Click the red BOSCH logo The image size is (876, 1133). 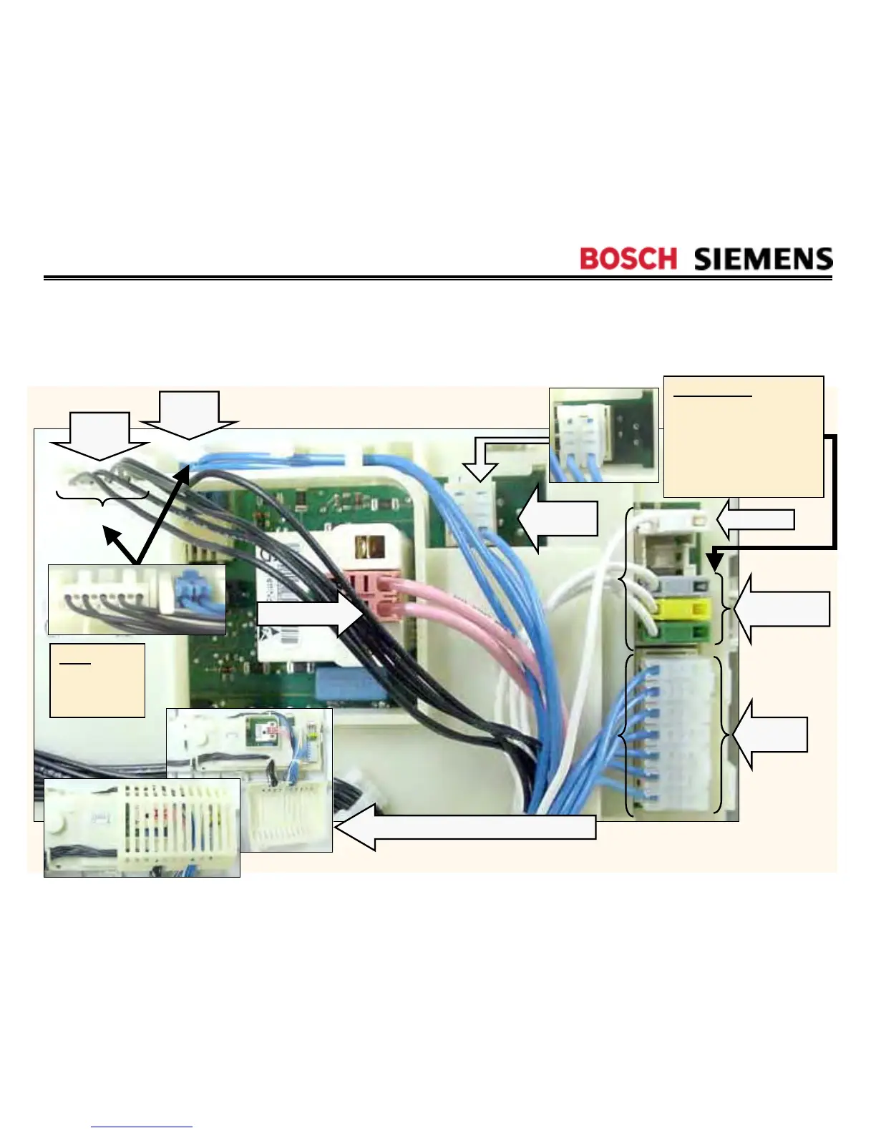[x=628, y=258]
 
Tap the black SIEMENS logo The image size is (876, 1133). [x=763, y=258]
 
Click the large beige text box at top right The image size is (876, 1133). [x=743, y=436]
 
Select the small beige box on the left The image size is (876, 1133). [x=97, y=680]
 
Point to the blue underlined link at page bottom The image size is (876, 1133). [x=142, y=1127]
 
